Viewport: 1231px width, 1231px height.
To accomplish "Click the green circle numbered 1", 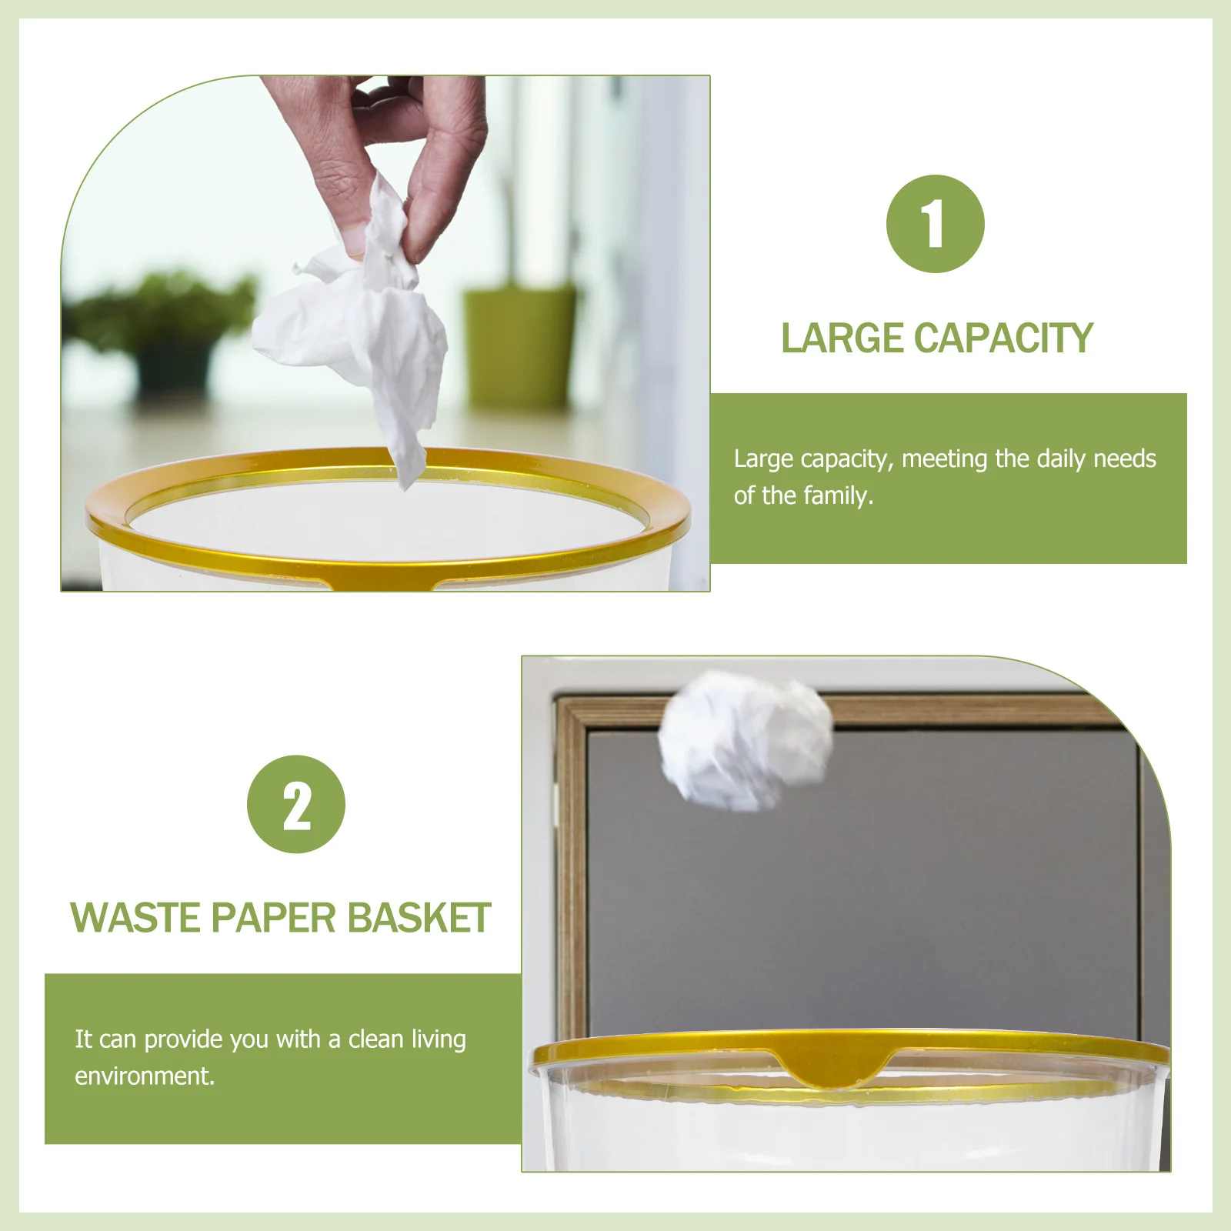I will point(935,224).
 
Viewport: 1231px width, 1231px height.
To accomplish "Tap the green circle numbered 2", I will point(296,805).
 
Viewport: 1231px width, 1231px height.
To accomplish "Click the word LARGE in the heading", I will point(842,338).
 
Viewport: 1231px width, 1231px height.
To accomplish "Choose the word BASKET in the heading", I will point(419,918).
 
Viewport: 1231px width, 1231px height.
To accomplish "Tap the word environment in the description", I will point(144,1076).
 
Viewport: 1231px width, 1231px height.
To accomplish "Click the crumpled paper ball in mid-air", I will point(745,739).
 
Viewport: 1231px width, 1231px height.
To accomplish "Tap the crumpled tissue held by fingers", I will point(362,323).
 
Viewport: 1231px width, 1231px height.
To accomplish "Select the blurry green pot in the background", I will point(520,346).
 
